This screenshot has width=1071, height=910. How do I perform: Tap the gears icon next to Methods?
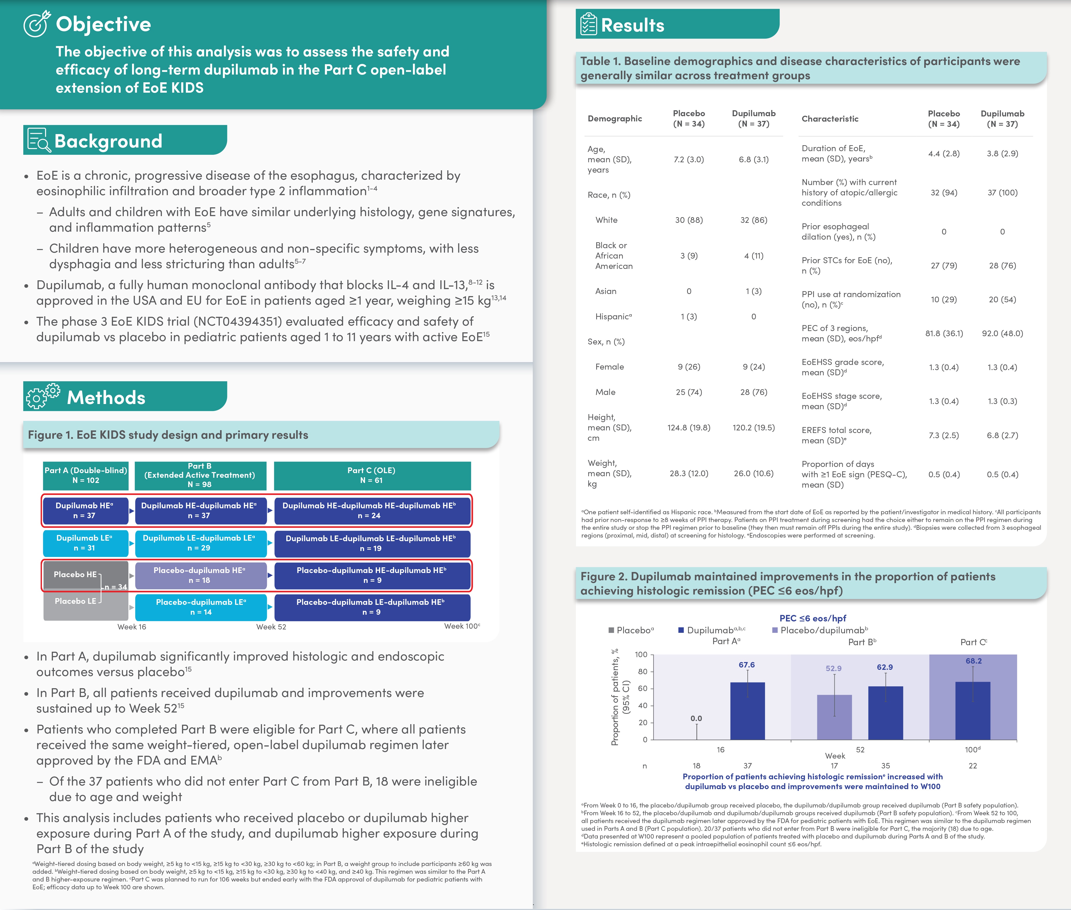pos(43,396)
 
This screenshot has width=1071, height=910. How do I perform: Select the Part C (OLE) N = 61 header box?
pos(372,475)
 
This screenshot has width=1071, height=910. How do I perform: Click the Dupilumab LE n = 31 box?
pos(85,543)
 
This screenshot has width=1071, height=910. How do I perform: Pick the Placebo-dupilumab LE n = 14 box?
pos(201,607)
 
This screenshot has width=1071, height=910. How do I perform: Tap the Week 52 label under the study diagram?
pos(271,627)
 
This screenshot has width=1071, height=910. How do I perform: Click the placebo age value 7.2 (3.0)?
pos(689,159)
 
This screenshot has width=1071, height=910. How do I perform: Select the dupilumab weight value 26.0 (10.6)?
pos(754,474)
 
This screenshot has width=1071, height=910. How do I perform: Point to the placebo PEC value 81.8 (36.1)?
pos(944,333)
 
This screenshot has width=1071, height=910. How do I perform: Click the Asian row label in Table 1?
pos(606,291)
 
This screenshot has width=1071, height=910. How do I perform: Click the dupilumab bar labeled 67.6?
pos(748,711)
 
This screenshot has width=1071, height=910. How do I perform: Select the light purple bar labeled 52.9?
pos(834,717)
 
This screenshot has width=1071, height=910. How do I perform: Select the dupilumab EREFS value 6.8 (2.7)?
pos(1002,435)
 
